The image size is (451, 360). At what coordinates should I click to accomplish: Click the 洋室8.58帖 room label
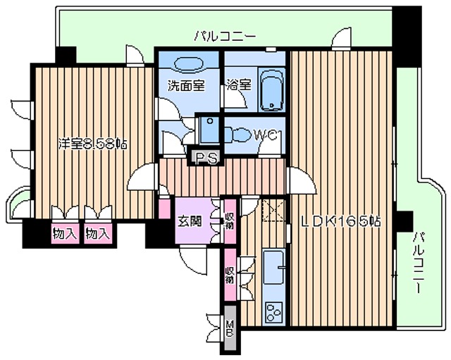(92, 144)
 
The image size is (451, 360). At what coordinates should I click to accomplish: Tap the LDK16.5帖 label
(342, 221)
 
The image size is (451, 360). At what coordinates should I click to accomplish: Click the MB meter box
(228, 329)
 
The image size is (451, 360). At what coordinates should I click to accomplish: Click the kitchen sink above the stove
(273, 266)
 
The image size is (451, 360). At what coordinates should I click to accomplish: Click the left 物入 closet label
(64, 233)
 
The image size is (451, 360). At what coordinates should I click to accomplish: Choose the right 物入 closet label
(97, 233)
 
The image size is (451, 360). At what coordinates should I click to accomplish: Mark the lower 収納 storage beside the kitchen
(230, 273)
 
